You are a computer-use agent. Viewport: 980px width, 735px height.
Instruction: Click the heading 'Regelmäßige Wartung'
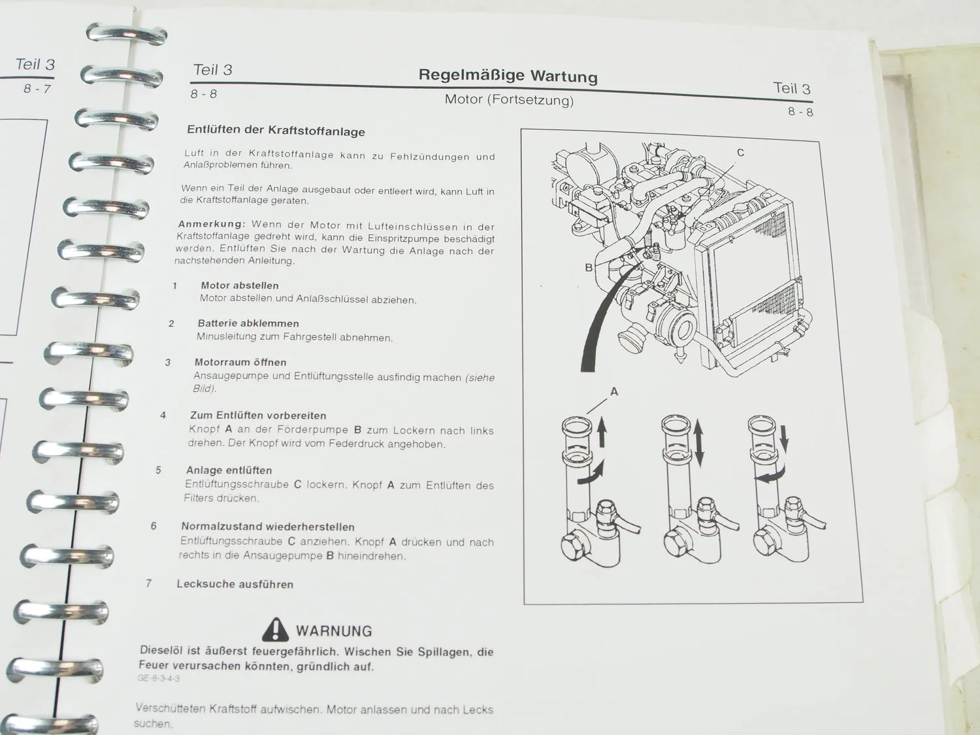click(x=508, y=75)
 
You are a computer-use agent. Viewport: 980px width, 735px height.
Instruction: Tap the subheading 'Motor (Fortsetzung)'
click(x=509, y=100)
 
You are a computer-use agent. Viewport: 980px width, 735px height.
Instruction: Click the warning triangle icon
click(x=275, y=629)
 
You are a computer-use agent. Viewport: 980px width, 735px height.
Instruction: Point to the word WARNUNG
click(x=334, y=631)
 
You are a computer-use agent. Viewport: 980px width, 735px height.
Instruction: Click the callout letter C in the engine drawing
click(x=740, y=153)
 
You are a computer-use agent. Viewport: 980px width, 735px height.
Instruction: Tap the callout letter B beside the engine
click(x=589, y=267)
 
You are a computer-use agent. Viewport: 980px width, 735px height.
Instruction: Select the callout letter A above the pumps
click(x=613, y=391)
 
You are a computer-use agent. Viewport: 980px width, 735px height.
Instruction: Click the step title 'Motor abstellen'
click(x=239, y=286)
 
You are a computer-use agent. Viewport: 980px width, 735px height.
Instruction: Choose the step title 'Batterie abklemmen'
click(x=248, y=323)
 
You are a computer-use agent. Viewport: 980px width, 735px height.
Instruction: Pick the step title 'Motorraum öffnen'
click(x=240, y=362)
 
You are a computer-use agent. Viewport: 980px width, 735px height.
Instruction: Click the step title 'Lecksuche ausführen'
click(x=235, y=584)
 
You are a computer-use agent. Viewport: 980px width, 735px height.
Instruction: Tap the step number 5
click(x=158, y=470)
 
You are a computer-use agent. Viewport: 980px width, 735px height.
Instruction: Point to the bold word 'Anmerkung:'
click(x=212, y=224)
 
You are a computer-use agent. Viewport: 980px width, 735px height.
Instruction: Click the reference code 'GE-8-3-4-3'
click(x=159, y=678)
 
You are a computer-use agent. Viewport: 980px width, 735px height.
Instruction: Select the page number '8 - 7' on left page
click(x=37, y=89)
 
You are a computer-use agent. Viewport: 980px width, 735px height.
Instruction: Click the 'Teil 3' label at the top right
click(x=791, y=88)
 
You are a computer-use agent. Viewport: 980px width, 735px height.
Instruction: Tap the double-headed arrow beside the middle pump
click(x=698, y=443)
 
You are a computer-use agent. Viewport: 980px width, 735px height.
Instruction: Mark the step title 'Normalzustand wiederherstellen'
click(x=268, y=527)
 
